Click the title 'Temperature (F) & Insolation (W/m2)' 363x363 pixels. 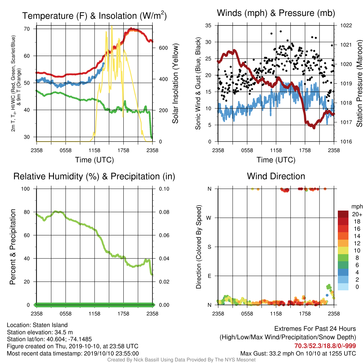coord(94,16)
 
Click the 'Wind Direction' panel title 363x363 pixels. coord(276,176)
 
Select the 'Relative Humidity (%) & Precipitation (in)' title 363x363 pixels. coord(94,177)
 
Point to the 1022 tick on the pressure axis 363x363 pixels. coord(346,26)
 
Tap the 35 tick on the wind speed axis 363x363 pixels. coord(208,26)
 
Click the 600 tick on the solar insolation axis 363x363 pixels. coord(163,48)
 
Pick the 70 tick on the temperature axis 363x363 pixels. coord(27,29)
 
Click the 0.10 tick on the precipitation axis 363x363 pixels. coord(164,189)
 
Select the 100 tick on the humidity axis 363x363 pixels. coord(26,189)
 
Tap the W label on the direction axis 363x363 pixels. coord(209,218)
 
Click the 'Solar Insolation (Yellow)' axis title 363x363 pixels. coord(175,83)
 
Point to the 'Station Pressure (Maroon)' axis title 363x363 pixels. coord(359,83)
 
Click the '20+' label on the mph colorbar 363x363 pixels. coord(357,214)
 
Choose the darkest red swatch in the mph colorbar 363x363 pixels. coord(343,214)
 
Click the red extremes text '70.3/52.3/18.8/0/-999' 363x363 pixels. coord(325,346)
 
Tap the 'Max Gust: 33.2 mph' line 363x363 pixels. coord(298,353)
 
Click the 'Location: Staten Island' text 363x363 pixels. coord(37,325)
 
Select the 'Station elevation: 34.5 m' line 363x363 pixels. coord(40,332)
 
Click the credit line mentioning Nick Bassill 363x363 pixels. coord(181,360)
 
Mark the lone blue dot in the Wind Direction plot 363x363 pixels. coord(327,295)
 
